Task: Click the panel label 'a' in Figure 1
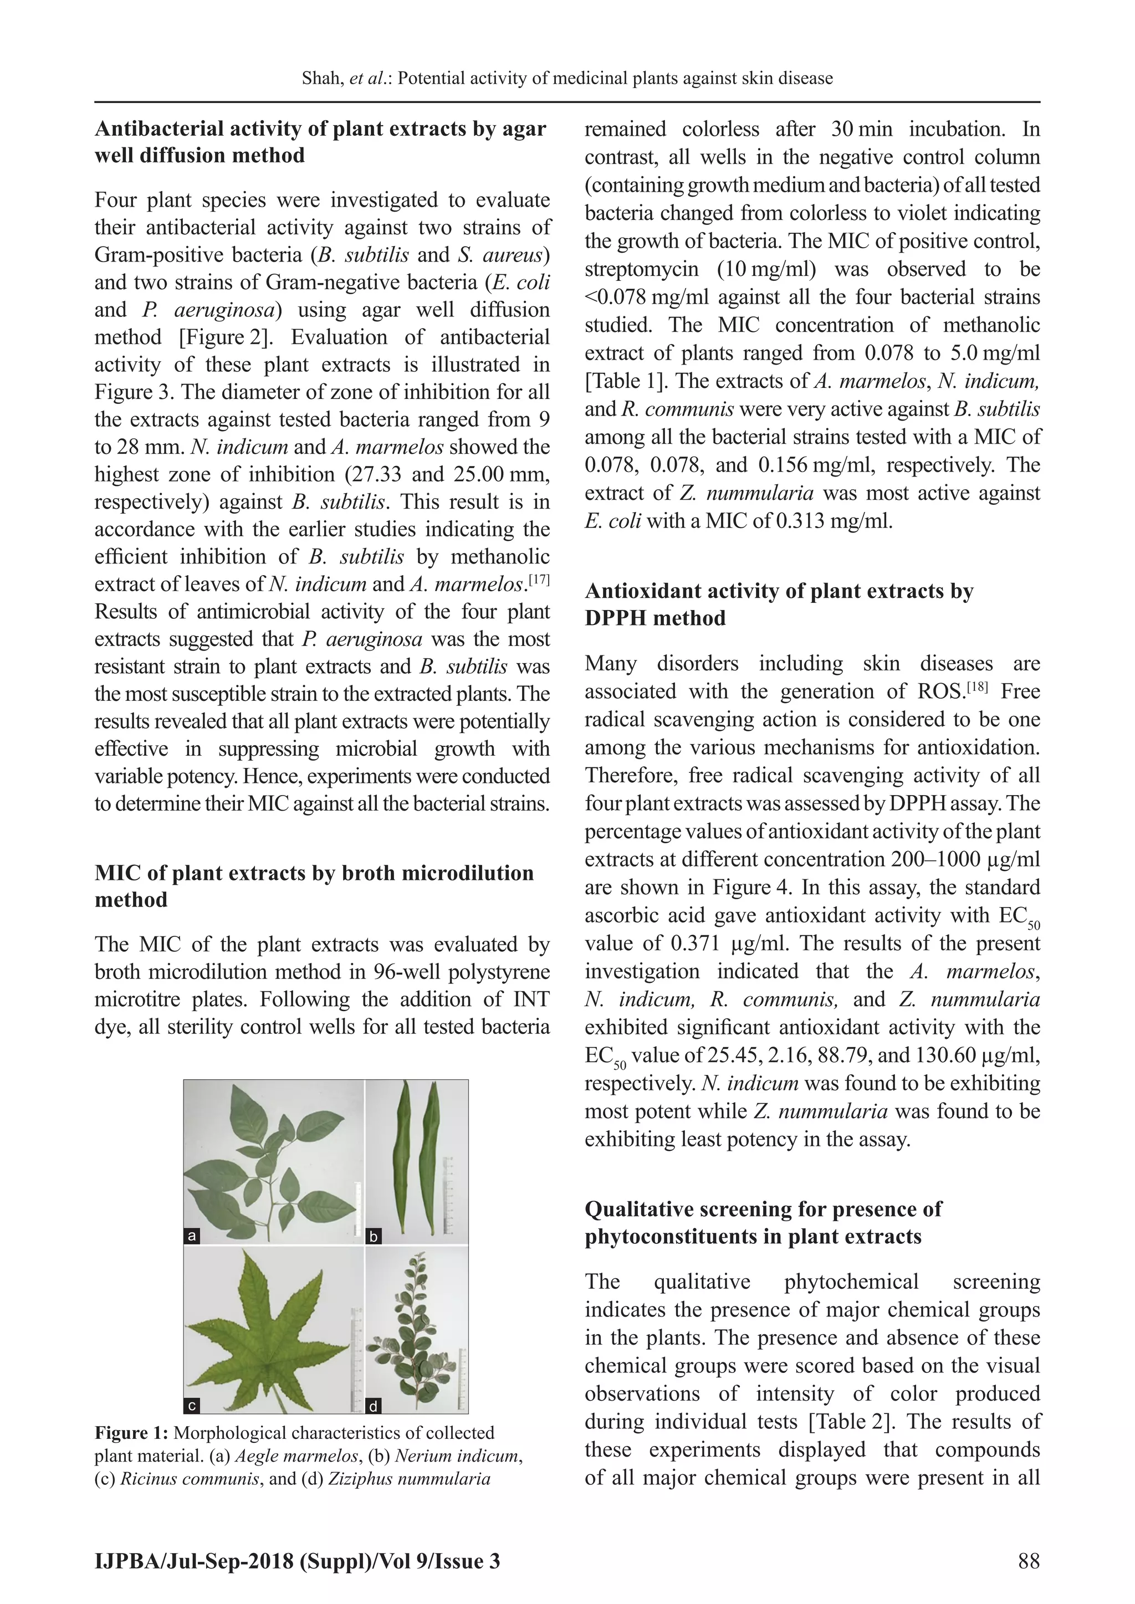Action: pos(192,1236)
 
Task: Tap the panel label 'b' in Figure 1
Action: pos(374,1237)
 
